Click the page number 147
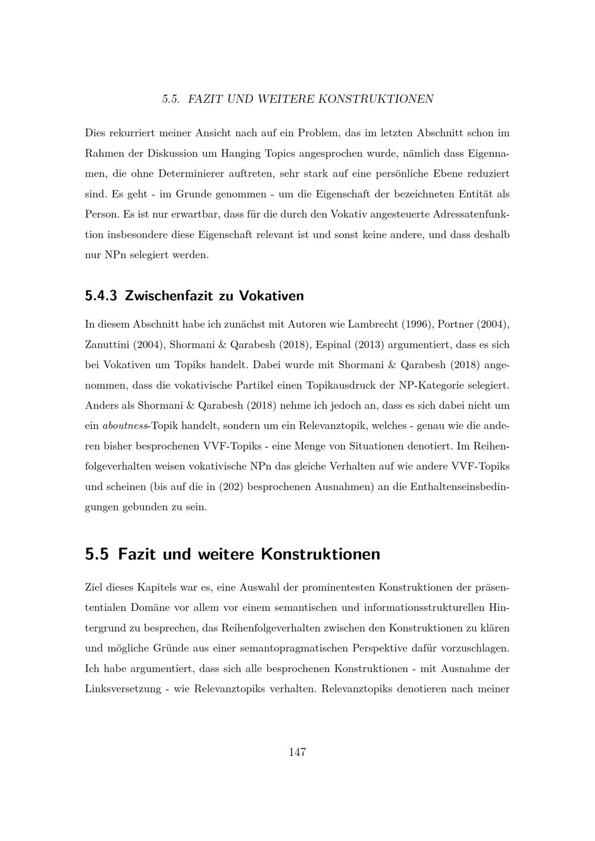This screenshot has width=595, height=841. (x=297, y=752)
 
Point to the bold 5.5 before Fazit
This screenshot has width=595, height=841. (x=97, y=554)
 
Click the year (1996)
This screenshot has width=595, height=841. (x=417, y=325)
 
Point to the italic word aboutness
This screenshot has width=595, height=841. (x=124, y=426)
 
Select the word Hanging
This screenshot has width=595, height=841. (x=241, y=153)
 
